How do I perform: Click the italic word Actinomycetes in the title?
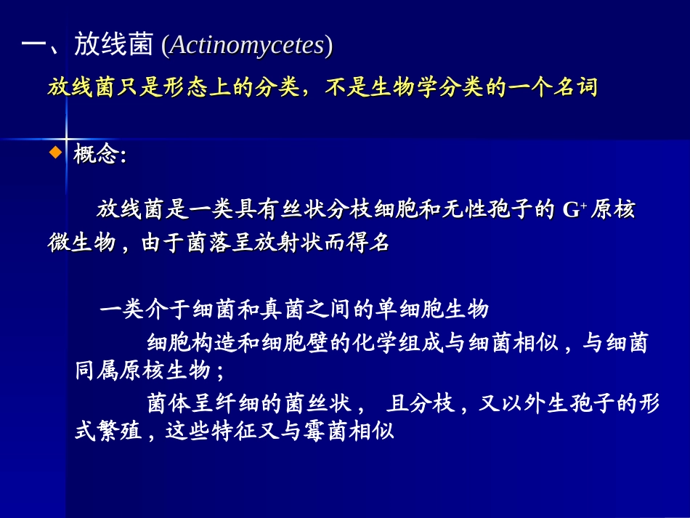pyautogui.click(x=247, y=46)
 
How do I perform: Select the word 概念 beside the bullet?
pyautogui.click(x=96, y=155)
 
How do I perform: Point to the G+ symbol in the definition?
pyautogui.click(x=575, y=211)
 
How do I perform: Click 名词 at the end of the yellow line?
pyautogui.click(x=575, y=88)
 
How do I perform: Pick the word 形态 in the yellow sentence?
pyautogui.click(x=185, y=88)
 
